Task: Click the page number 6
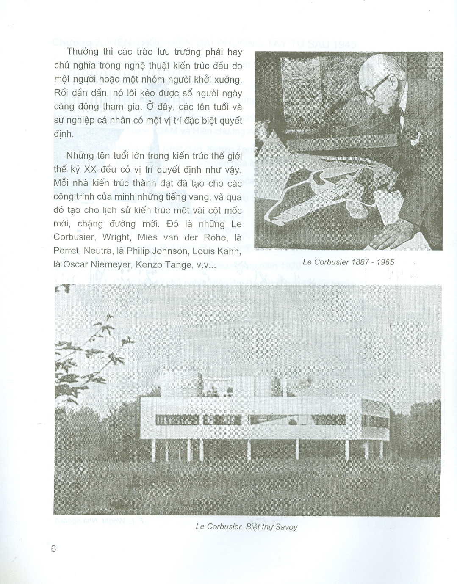pyautogui.click(x=53, y=548)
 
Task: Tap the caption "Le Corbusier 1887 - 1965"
pyautogui.click(x=348, y=262)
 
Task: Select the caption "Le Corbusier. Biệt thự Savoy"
pyautogui.click(x=247, y=527)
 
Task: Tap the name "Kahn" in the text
pyautogui.click(x=230, y=251)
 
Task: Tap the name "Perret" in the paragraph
pyautogui.click(x=66, y=251)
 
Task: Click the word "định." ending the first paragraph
pyautogui.click(x=64, y=134)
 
